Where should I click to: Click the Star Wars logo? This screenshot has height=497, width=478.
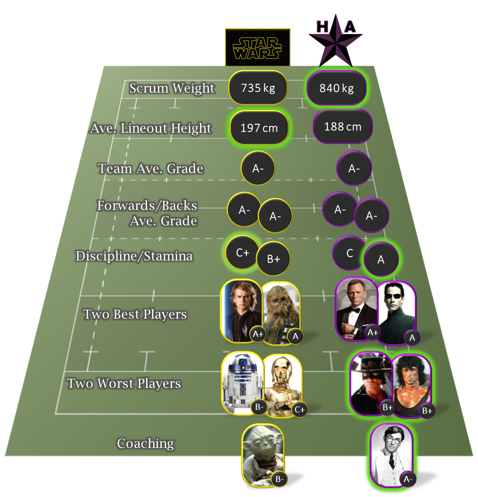[x=257, y=48]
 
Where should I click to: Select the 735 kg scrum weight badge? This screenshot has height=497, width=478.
[x=258, y=88]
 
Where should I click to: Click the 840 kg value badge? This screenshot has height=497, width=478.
[x=336, y=88]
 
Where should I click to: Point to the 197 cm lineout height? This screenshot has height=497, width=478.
[x=259, y=128]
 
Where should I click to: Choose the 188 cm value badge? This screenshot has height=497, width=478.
[x=342, y=126]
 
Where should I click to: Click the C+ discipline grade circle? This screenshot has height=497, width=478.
[x=242, y=253]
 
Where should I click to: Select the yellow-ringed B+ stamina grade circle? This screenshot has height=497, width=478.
[x=273, y=259]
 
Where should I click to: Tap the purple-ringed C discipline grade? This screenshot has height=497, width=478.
[x=349, y=253]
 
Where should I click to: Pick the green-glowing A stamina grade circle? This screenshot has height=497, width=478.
[x=381, y=260]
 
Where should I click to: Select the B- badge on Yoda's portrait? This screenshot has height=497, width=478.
[x=280, y=479]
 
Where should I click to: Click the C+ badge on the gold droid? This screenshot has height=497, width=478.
[x=299, y=410]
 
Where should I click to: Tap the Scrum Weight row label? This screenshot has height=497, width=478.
[x=172, y=88]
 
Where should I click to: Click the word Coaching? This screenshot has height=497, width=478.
[x=146, y=443]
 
